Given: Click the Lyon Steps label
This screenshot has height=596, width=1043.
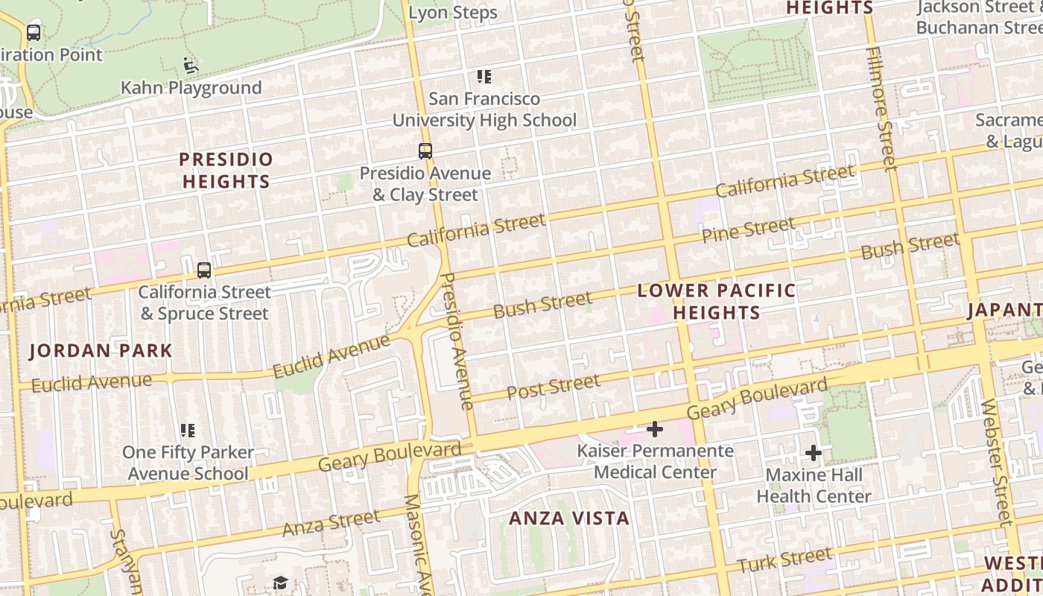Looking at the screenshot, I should coord(453,13).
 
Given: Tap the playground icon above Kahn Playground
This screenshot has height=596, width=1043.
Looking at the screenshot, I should coord(191,66).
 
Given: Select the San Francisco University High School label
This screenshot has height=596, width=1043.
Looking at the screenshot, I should coord(484,109).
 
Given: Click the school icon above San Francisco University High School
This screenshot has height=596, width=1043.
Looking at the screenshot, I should coord(484,77).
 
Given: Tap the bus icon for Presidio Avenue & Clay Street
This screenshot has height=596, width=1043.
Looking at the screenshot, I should coord(425,151).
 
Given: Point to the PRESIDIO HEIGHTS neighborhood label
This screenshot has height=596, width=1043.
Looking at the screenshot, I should coord(226,170).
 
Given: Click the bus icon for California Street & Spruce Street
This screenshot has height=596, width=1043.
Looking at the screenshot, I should coord(204,270).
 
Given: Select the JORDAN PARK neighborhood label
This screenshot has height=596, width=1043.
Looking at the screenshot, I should coord(101,350).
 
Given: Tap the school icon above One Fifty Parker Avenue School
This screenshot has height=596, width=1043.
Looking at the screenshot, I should coord(188,431).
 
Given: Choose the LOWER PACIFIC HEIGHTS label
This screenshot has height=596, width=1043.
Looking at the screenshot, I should coord(717,301).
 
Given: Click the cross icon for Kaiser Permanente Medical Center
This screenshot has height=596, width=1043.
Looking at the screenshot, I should coord(655,429).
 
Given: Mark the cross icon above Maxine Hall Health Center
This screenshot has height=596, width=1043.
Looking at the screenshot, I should coord(814,452).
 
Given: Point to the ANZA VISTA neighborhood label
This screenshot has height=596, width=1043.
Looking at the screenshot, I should coord(569,518).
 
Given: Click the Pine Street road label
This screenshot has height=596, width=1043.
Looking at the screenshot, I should coord(748,229).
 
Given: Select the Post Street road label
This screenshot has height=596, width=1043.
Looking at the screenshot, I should coord(553,387).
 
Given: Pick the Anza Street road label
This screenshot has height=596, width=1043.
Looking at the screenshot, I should coord(331,523).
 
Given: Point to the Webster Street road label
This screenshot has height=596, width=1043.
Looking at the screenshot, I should coord(997,462).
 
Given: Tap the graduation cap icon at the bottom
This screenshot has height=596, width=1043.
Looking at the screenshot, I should coord(280,583).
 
